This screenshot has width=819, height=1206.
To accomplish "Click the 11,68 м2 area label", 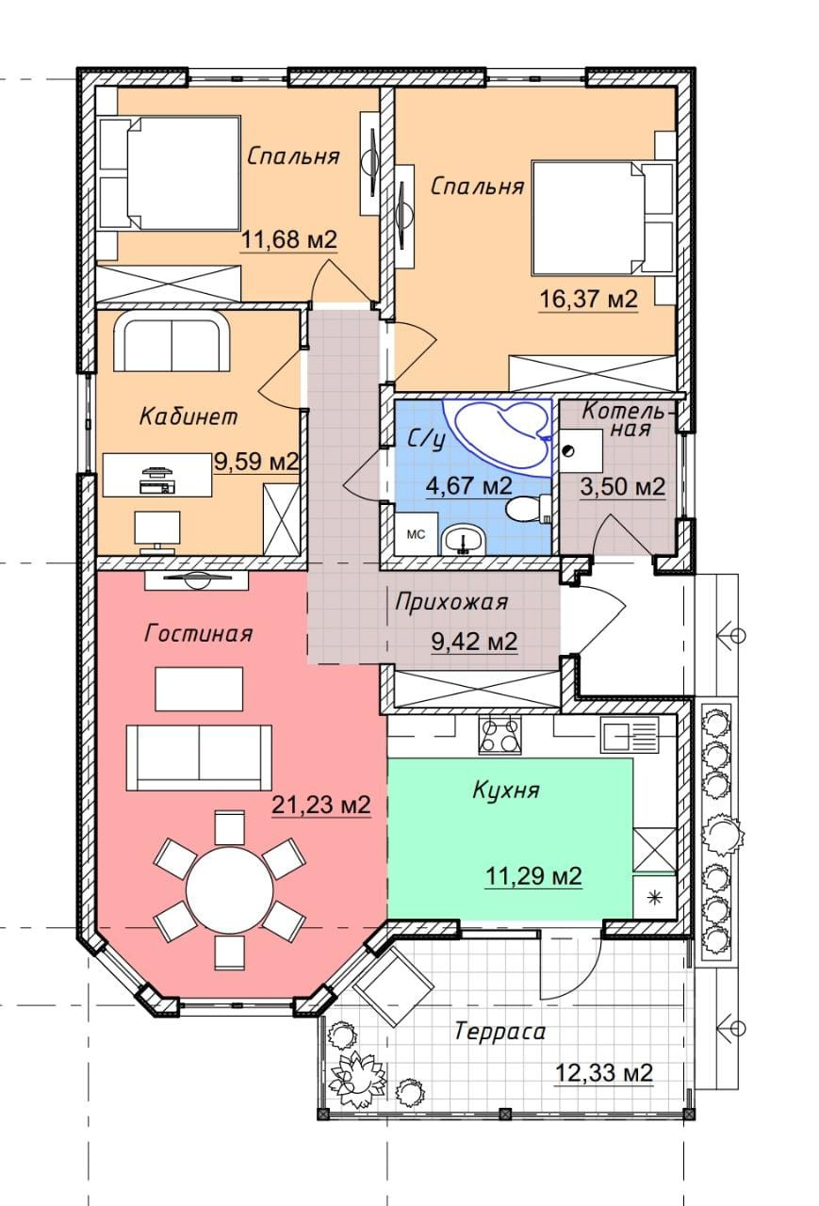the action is pos(288,238).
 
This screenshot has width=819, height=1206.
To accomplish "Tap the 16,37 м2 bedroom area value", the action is pos(588,299).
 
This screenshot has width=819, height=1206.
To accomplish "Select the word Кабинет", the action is pos(188,416).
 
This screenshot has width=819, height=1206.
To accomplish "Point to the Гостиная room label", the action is pos(199,633).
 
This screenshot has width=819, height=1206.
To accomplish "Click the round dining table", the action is pos(229,888).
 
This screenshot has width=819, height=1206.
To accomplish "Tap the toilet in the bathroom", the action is pos(526,509).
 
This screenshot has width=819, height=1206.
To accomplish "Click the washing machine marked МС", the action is pos(416,533).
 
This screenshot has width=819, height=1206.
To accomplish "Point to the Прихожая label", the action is pos(451,602).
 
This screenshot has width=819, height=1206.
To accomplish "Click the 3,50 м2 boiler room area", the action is pos(622,487).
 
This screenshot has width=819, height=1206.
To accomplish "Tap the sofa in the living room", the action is pos(199,758).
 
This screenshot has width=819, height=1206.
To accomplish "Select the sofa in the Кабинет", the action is pos(172,340).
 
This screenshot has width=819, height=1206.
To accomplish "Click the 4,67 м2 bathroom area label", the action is pos(468,487).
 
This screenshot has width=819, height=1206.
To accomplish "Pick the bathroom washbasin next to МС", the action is pos(463,540).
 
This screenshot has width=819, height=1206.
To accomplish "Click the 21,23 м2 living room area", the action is pos(321,805).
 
